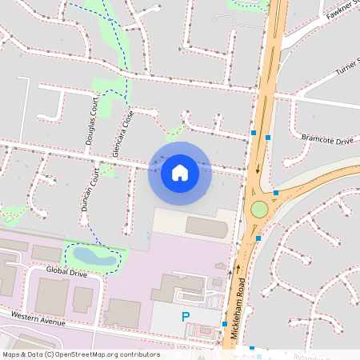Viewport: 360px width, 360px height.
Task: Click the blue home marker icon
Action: pyautogui.click(x=180, y=172)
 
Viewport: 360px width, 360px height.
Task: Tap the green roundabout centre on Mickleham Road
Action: pyautogui.click(x=258, y=210)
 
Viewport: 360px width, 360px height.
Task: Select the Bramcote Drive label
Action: pyautogui.click(x=327, y=141)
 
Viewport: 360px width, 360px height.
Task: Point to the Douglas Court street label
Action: pyautogui.click(x=90, y=122)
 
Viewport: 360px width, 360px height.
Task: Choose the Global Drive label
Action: pyautogui.click(x=66, y=272)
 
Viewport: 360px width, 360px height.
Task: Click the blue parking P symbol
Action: pyautogui.click(x=186, y=318)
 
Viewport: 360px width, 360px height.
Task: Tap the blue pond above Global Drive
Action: pyautogui.click(x=94, y=256)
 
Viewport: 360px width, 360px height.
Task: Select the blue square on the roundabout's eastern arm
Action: pyautogui.click(x=276, y=193)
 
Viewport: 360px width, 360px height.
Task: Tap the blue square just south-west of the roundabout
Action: pyautogui.click(x=258, y=238)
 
